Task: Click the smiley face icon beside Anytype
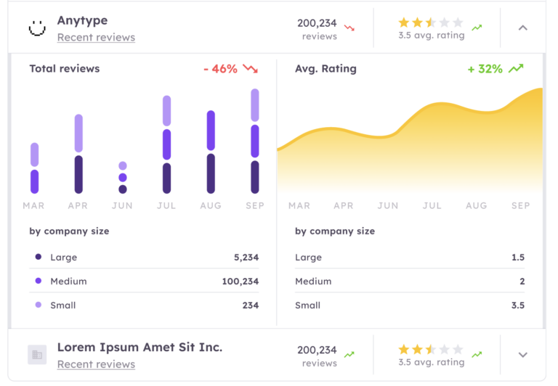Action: click(36, 28)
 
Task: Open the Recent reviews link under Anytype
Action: click(96, 37)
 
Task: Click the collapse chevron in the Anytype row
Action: click(522, 28)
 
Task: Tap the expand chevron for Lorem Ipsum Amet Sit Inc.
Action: click(522, 355)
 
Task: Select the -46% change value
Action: click(220, 69)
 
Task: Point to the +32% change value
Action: click(485, 69)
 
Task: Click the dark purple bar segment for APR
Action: click(78, 174)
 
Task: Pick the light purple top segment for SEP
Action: click(255, 105)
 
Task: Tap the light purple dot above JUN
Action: click(123, 166)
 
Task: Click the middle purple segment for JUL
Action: click(166, 144)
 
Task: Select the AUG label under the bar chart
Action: click(211, 205)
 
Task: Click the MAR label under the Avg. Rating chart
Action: click(299, 205)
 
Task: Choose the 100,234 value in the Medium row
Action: click(240, 281)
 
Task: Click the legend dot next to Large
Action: click(39, 257)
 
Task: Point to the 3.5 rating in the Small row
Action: click(517, 305)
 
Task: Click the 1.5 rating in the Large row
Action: click(517, 257)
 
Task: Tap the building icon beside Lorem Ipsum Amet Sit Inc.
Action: click(37, 354)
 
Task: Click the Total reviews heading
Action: click(65, 69)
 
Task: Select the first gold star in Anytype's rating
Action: click(404, 23)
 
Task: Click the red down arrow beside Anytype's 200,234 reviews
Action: click(349, 28)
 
